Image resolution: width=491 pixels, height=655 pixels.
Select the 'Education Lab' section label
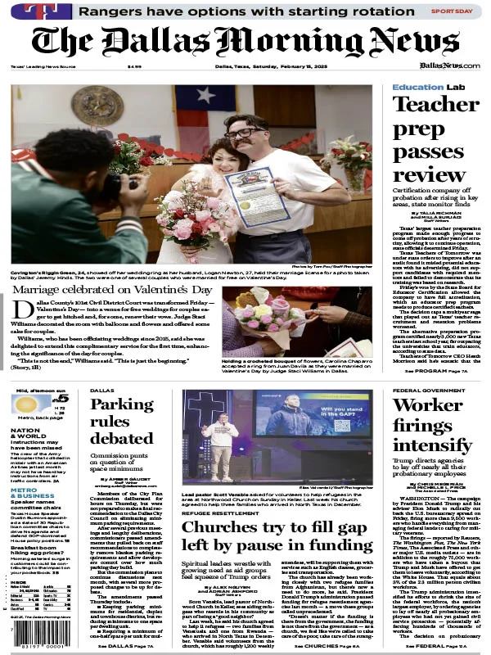click(429, 87)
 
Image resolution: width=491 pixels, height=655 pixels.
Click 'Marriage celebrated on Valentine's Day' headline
click(113, 268)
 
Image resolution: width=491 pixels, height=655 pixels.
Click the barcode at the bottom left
click(33, 644)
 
